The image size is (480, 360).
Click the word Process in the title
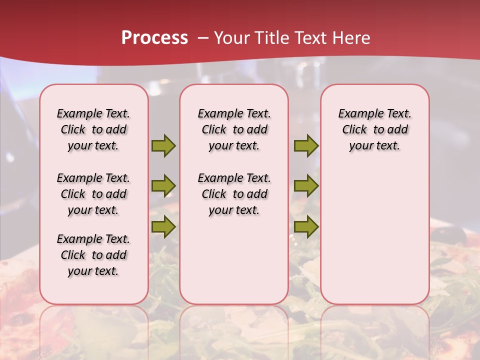point(154,38)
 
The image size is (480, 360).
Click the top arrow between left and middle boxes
point(163,145)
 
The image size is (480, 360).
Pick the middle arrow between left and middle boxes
point(163,185)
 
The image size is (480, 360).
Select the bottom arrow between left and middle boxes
point(163,227)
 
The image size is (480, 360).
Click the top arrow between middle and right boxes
point(306,145)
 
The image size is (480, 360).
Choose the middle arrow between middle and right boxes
point(306,185)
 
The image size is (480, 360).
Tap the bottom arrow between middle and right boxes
point(306,227)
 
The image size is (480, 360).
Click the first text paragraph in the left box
point(93,129)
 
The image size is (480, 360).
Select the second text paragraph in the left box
point(93,194)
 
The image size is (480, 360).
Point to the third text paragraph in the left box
point(93,255)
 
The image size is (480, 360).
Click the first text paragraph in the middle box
point(234,129)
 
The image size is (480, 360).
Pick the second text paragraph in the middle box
point(234,194)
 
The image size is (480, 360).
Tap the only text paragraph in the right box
point(375,129)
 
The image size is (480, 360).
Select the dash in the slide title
point(203,38)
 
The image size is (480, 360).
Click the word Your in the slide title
point(232,38)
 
